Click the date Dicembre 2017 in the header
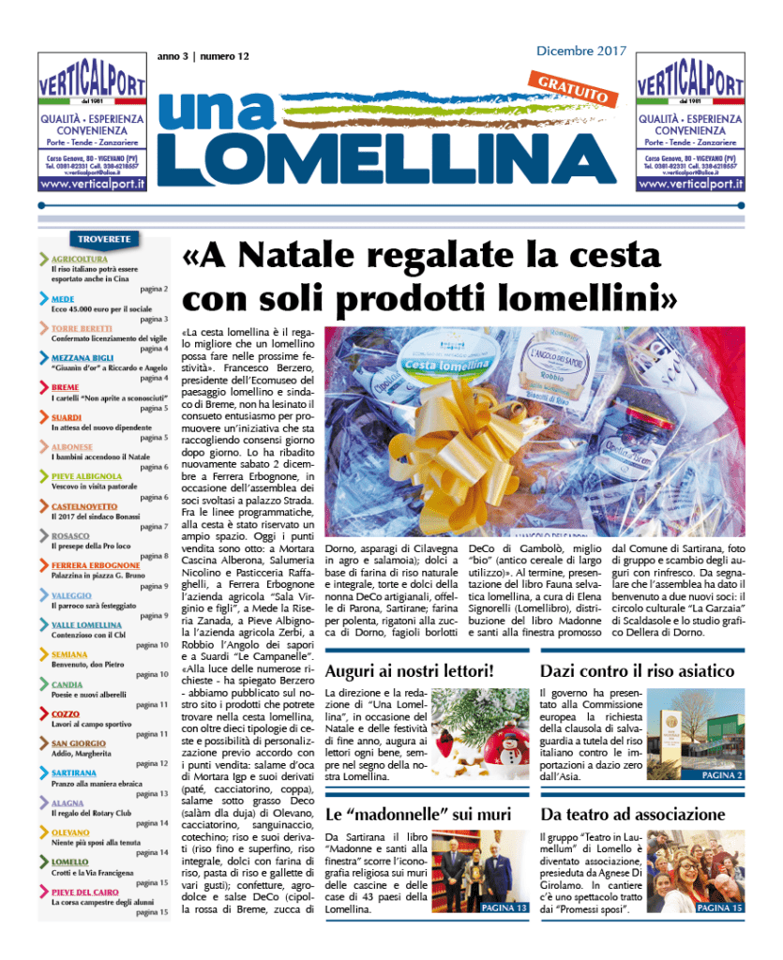point(581,51)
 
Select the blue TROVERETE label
point(103,239)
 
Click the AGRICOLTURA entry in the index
point(79,258)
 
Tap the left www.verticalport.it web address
point(92,185)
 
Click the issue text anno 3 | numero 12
point(203,57)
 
